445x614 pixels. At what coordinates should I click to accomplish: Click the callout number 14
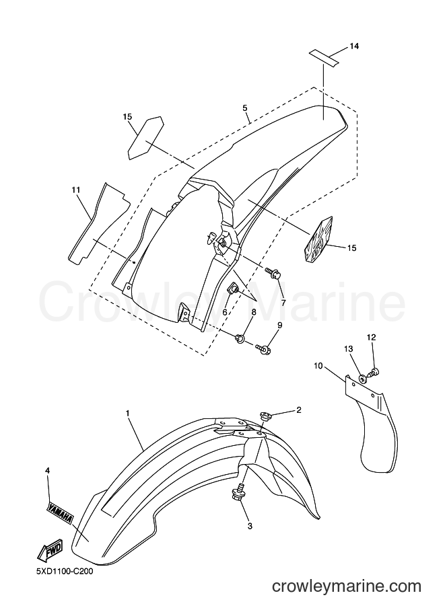pos(354,46)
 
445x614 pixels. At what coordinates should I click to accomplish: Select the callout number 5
pos(245,108)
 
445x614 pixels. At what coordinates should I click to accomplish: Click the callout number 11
pos(76,190)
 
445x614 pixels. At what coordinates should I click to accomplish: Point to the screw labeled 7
pos(273,272)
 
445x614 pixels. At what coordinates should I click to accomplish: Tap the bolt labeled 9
pos(263,348)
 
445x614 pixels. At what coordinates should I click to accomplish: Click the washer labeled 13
pos(362,378)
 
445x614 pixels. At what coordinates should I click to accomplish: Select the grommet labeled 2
pos(265,416)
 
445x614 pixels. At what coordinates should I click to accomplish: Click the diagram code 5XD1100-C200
pos(65,572)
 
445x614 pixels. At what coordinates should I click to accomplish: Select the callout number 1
pos(127,413)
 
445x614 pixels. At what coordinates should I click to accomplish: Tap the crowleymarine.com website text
pos(347,586)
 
